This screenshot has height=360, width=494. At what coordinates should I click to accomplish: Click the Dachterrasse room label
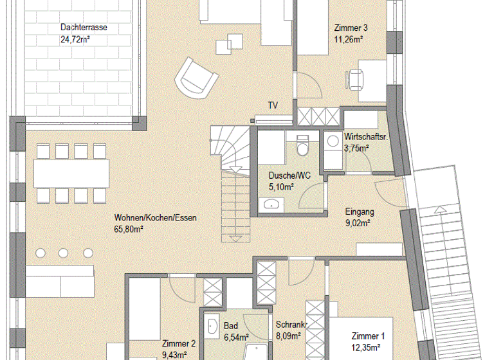[x=84, y=28]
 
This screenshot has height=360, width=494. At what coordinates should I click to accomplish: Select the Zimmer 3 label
[x=351, y=28]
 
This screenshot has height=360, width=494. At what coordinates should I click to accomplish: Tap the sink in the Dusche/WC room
[x=271, y=204]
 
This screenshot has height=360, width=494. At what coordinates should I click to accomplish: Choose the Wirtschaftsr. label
[x=365, y=137]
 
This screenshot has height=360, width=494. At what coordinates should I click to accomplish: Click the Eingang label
[x=360, y=211]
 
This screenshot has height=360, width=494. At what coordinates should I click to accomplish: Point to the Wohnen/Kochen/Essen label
[x=155, y=218]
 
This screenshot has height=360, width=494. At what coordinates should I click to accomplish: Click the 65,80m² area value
[x=128, y=229]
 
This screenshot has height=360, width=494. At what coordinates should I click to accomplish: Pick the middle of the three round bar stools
[x=64, y=251]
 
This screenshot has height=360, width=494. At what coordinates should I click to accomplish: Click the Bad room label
[x=230, y=325]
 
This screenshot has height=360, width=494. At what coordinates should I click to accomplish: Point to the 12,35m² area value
[x=369, y=347]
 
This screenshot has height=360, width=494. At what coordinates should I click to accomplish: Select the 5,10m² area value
[x=281, y=187]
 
